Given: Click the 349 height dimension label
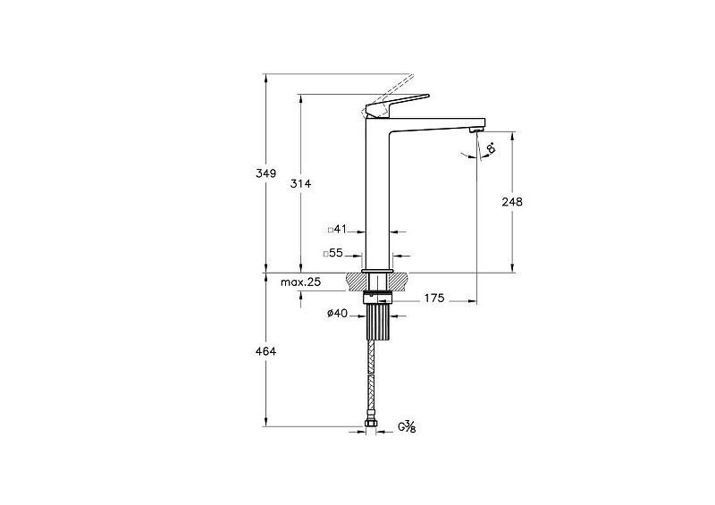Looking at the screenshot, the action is click(x=265, y=173).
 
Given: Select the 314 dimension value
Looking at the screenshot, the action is click(x=301, y=184).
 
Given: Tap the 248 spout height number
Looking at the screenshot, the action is click(x=512, y=202).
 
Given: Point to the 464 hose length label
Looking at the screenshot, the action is click(x=265, y=352).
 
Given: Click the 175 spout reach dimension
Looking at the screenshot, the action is click(x=433, y=299).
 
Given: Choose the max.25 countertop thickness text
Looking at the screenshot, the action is click(x=300, y=282).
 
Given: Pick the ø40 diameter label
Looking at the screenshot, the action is click(x=338, y=314).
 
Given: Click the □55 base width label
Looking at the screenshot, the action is click(x=333, y=253).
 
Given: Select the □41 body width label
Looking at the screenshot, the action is click(x=338, y=230).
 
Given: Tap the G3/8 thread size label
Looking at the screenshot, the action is click(x=408, y=427).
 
